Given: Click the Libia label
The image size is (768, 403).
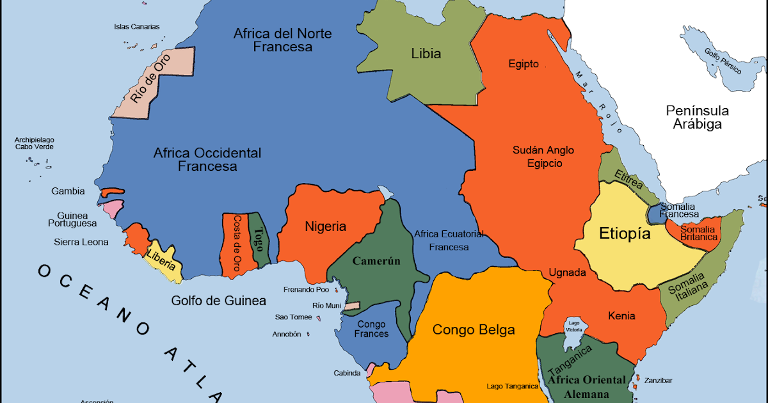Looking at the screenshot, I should (426, 54).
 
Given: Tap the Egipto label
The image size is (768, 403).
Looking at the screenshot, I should (524, 64).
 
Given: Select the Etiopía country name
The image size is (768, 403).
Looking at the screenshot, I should (625, 234).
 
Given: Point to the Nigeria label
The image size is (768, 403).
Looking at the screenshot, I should (325, 226).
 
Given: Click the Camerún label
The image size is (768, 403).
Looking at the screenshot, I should (376, 261).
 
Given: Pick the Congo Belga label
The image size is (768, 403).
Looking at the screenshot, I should (474, 330).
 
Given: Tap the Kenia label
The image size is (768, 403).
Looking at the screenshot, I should (621, 316).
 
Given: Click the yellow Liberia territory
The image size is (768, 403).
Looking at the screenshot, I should (163, 259).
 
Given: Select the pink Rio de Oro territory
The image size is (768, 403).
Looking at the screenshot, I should (154, 83).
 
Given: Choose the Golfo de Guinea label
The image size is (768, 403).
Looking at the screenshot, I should (218, 301).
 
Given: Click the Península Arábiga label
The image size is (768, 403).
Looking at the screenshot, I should (697, 117).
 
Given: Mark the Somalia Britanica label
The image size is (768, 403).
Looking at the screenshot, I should (698, 233).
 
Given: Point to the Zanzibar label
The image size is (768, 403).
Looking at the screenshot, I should (659, 381).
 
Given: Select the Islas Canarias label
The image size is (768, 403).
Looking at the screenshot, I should (136, 27).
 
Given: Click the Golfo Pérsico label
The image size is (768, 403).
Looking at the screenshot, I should (723, 61).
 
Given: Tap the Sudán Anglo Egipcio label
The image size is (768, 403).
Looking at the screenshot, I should (543, 157).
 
